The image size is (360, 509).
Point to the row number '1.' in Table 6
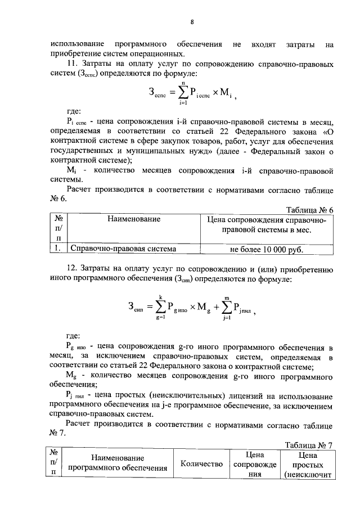pyautogui.click(x=58, y=248)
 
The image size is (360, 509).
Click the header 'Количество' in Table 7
pyautogui.click(x=202, y=464)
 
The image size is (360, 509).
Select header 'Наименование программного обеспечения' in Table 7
pyautogui.click(x=118, y=463)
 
